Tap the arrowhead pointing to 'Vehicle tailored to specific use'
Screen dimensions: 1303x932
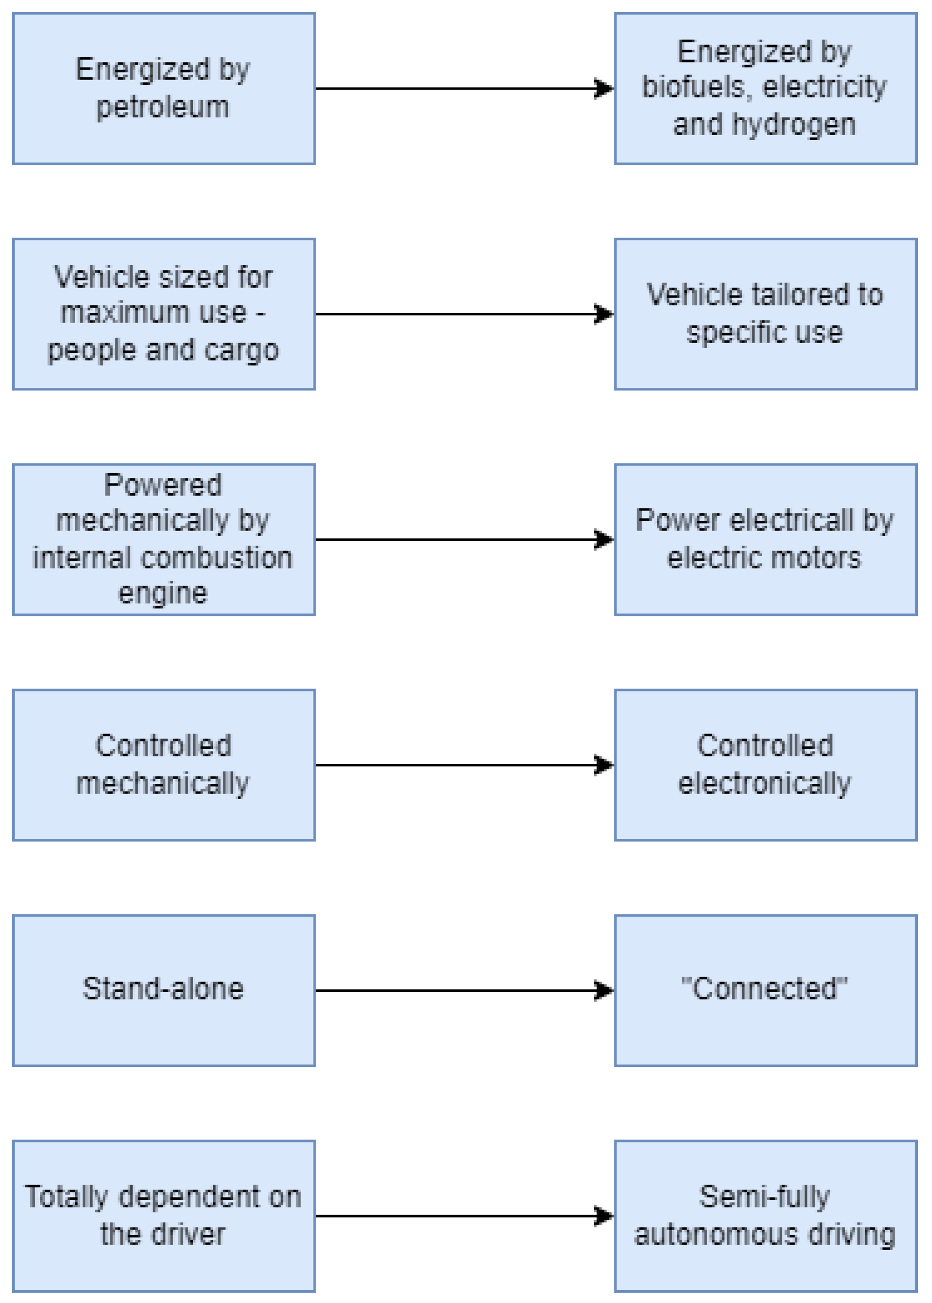604,314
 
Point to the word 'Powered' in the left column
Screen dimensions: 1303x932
163,485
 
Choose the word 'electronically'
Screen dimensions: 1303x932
764,784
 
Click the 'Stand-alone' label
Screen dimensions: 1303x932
163,989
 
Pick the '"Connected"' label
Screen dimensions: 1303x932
764,989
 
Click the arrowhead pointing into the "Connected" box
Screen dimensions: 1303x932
604,990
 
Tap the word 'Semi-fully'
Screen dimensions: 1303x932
764,1197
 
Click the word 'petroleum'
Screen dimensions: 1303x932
163,108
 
